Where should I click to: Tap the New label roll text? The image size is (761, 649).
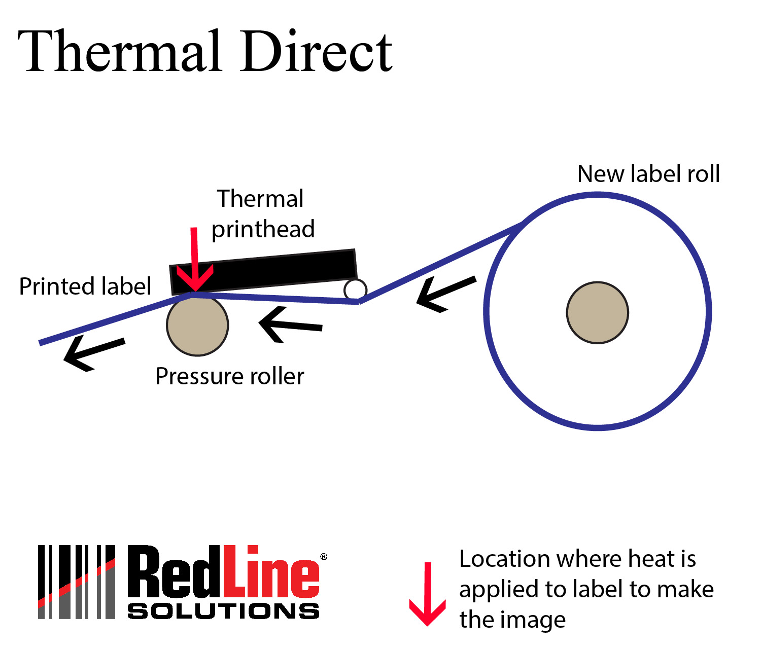click(x=648, y=174)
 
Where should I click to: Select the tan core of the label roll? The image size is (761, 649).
click(x=597, y=313)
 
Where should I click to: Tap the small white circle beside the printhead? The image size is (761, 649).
click(x=355, y=290)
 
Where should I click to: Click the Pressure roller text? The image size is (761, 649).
click(x=229, y=376)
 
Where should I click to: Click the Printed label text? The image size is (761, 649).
click(x=85, y=286)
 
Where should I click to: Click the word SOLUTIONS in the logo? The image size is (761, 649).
click(x=223, y=611)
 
